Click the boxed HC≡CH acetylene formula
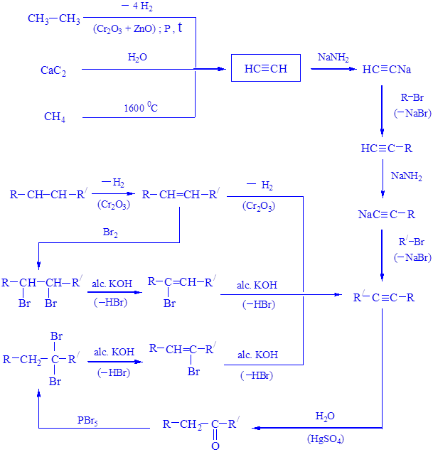[266, 69]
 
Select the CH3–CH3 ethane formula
[54, 19]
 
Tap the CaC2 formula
[53, 70]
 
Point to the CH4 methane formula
[55, 117]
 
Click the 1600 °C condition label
[140, 108]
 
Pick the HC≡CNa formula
[386, 70]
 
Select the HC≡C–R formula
[386, 149]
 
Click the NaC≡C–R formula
[386, 214]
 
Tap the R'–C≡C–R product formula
[384, 297]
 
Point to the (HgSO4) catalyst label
[326, 438]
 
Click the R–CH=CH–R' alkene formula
[181, 194]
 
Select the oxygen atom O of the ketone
[215, 446]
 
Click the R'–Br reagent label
[412, 242]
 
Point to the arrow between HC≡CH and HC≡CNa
[333, 70]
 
